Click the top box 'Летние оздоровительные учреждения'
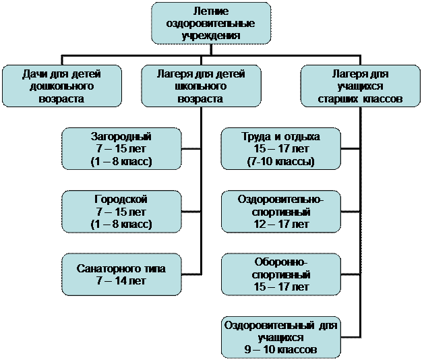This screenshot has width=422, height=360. coord(211,23)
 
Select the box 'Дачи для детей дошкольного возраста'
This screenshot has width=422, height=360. coord(61,86)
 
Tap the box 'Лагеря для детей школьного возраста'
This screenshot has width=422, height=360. coord(200,86)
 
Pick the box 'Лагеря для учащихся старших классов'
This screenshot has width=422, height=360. coord(361,86)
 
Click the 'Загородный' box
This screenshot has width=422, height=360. coord(121,149)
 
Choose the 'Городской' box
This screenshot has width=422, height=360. coord(121,212)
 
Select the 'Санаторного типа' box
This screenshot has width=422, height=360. coord(121,274)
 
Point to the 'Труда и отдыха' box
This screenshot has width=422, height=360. coord(281,149)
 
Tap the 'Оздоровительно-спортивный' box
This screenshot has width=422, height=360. coord(281,212)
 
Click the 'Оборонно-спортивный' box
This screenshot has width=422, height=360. coord(281,274)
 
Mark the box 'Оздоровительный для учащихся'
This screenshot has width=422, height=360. coord(281,337)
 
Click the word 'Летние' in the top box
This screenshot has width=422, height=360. coord(211,11)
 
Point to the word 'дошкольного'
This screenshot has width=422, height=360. coord(61,86)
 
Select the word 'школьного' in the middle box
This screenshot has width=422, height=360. coord(200,86)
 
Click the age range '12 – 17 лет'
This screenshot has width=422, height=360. coord(281,224)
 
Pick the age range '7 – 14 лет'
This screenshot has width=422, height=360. coord(121,280)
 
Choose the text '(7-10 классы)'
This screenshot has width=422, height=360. coord(281,162)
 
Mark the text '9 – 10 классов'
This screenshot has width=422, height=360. coord(281,349)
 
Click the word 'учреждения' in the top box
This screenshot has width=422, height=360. coord(211,34)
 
